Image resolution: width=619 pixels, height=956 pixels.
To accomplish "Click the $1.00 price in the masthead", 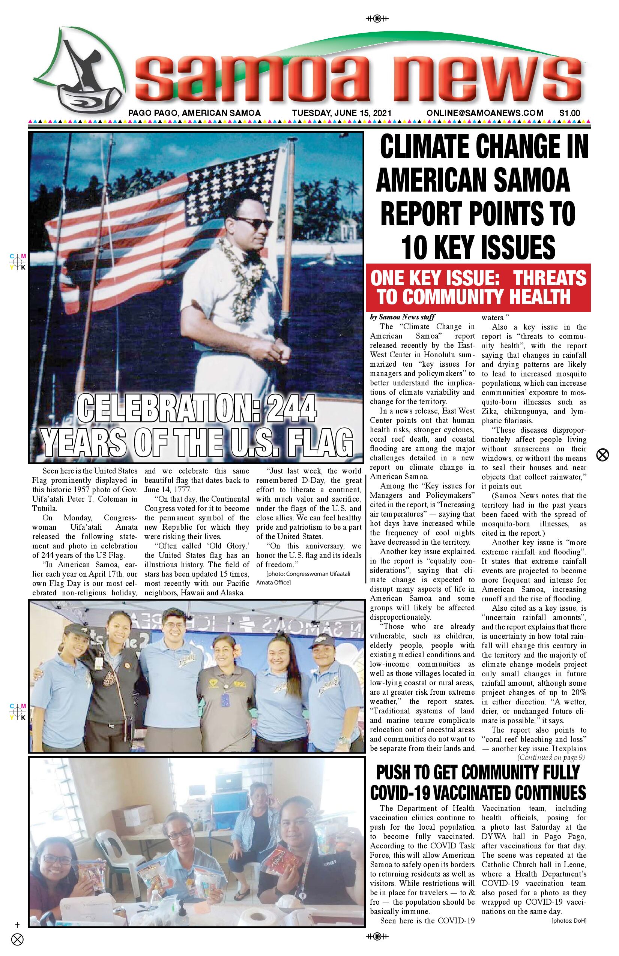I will [x=569, y=113].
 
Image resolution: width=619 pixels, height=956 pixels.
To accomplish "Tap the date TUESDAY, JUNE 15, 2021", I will [x=342, y=113].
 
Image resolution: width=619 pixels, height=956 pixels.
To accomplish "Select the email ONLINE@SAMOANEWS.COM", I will [x=485, y=113].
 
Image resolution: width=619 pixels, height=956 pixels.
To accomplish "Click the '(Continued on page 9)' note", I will [x=551, y=758].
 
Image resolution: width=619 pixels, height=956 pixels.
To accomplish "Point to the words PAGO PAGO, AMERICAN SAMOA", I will [x=195, y=113].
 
